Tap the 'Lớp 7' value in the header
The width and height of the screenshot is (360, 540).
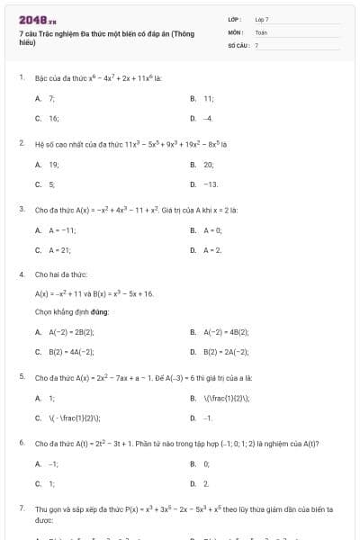tap(262, 19)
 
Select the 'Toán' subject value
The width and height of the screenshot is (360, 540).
tap(261, 31)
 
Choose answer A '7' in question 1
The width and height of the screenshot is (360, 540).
tap(51, 98)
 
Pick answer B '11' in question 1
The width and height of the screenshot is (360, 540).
tap(208, 98)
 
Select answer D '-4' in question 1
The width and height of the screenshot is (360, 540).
tap(208, 118)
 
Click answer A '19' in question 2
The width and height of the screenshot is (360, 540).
tap(53, 165)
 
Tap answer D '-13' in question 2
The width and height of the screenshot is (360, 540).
tap(211, 184)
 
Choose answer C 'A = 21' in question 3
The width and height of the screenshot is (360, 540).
tap(59, 250)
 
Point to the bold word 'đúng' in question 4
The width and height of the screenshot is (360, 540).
tap(98, 311)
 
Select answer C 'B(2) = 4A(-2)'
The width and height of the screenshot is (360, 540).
tap(70, 351)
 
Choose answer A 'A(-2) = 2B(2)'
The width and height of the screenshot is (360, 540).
tap(70, 332)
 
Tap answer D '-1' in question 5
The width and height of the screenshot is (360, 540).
tap(208, 418)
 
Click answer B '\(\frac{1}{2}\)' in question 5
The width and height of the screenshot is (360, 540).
tap(224, 398)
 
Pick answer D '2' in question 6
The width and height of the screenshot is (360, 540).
tap(206, 483)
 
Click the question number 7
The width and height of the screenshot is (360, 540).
tap(21, 508)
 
